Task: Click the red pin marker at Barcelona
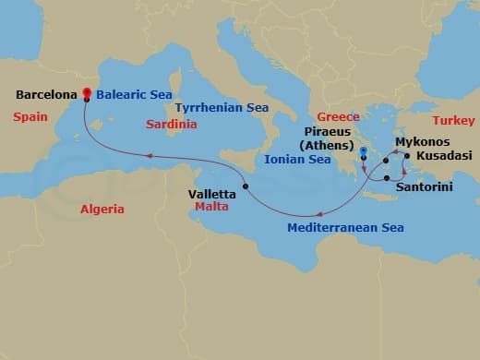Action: click(86, 92)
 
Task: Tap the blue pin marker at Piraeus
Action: click(364, 152)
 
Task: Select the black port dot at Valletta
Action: click(246, 186)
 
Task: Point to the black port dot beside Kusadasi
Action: click(407, 156)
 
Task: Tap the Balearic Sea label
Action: click(134, 94)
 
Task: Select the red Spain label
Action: click(27, 117)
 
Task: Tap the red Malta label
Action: click(211, 208)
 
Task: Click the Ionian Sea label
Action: click(297, 160)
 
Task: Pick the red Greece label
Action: click(338, 117)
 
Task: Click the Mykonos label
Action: click(422, 142)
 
